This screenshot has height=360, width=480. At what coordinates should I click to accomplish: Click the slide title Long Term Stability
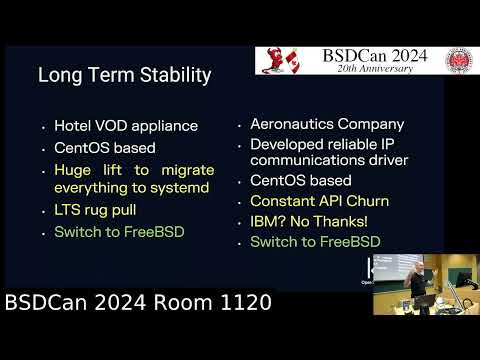point(124,74)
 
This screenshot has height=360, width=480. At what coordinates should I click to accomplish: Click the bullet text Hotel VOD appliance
point(126,127)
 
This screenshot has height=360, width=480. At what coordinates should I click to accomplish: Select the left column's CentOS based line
point(103,149)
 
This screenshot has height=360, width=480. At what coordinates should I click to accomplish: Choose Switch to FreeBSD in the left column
point(119,233)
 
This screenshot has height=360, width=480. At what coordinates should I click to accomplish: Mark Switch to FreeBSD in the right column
point(315,242)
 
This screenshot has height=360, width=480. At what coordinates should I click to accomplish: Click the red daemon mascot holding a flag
point(280,61)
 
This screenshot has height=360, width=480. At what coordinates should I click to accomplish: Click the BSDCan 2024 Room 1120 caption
point(138,301)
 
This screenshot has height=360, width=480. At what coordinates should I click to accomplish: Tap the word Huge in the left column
point(72,170)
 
